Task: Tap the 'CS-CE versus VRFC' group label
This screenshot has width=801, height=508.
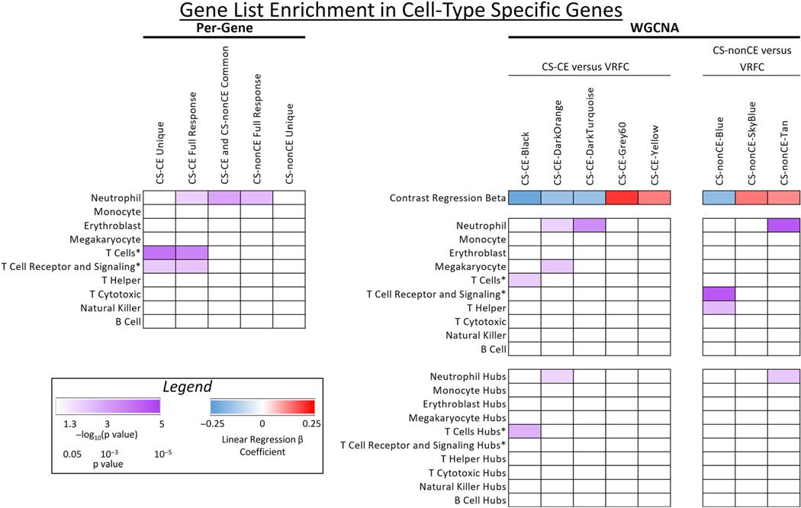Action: tap(589, 66)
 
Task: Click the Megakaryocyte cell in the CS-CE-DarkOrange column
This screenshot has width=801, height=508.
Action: tap(557, 266)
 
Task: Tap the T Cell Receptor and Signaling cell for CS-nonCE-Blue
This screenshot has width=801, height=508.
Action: tap(718, 294)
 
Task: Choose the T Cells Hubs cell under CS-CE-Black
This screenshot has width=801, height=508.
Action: tap(525, 431)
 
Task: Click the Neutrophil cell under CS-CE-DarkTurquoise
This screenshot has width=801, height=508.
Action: tap(589, 225)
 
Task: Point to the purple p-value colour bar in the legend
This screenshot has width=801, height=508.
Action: tap(108, 405)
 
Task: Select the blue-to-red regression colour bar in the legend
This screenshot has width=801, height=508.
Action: tap(262, 405)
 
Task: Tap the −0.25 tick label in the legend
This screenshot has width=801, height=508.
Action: tap(221, 423)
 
